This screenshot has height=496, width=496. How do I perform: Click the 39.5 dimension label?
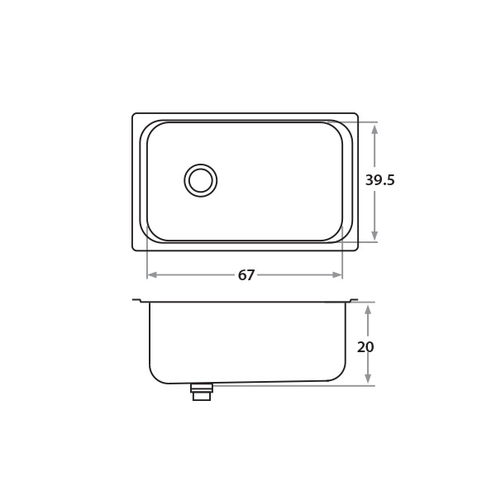pyautogui.click(x=380, y=180)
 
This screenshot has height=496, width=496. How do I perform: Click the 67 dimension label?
pyautogui.click(x=246, y=275)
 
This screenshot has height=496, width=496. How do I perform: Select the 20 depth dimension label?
pyautogui.click(x=365, y=347)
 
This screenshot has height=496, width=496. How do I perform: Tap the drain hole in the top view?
pyautogui.click(x=201, y=180)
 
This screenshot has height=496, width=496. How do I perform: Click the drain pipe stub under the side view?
pyautogui.click(x=202, y=392)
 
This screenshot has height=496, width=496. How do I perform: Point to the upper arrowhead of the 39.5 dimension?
pyautogui.click(x=374, y=129)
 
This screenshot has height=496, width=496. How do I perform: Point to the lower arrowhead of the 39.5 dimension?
pyautogui.click(x=374, y=236)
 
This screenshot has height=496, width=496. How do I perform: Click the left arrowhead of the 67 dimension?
pyautogui.click(x=152, y=275)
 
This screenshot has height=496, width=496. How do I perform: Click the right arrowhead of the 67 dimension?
pyautogui.click(x=337, y=275)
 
